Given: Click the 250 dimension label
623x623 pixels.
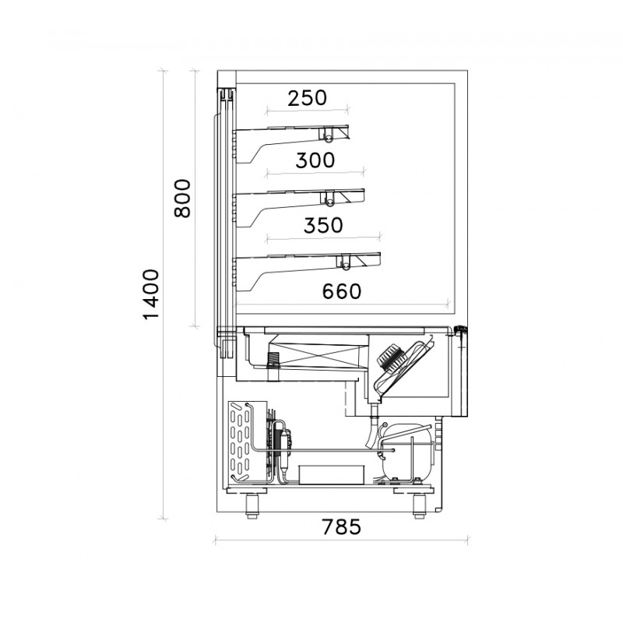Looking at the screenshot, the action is point(307,98).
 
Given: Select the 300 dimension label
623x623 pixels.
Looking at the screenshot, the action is point(315,160).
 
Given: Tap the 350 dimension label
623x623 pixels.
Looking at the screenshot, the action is point(323,225).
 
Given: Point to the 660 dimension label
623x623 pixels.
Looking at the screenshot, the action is point(342,291).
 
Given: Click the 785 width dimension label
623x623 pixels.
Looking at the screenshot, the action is point(341,527).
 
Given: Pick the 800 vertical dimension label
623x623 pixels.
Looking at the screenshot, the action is point(182,198).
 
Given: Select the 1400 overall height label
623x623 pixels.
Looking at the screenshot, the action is point(150,294).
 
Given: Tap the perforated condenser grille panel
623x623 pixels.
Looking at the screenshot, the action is point(241,442).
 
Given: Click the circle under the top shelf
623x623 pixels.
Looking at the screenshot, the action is point(329,139).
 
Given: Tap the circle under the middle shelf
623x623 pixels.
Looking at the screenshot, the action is point(329,202).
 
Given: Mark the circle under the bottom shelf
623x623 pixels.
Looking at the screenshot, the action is point(346,266).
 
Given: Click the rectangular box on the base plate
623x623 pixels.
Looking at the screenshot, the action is point(332,475).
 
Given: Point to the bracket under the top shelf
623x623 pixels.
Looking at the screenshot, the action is point(278,146).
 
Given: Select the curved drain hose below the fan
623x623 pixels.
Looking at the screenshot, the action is point(371,431).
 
